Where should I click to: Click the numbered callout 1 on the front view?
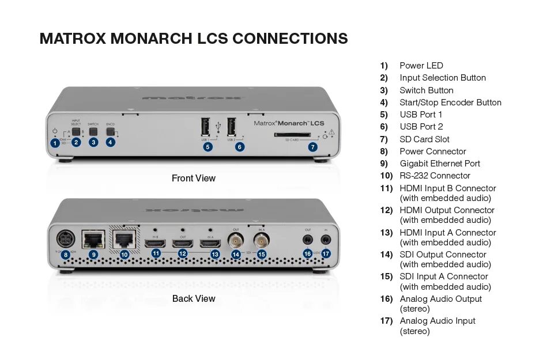[55, 142]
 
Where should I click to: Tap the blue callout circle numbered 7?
[312, 147]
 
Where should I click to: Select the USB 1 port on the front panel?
[206, 127]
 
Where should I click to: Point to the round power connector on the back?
[64, 238]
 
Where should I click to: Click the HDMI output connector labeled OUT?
[183, 243]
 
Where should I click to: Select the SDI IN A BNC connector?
[262, 240]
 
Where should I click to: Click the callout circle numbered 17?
[326, 253]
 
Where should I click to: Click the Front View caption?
[194, 179]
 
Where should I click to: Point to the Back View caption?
[194, 299]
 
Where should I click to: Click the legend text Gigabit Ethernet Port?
[440, 164]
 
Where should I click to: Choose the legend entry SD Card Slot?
[424, 139]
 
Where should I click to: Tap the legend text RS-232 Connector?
[435, 176]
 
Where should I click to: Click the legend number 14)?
[386, 255]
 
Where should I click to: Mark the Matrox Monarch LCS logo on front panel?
[289, 123]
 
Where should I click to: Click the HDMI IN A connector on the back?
[210, 243]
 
